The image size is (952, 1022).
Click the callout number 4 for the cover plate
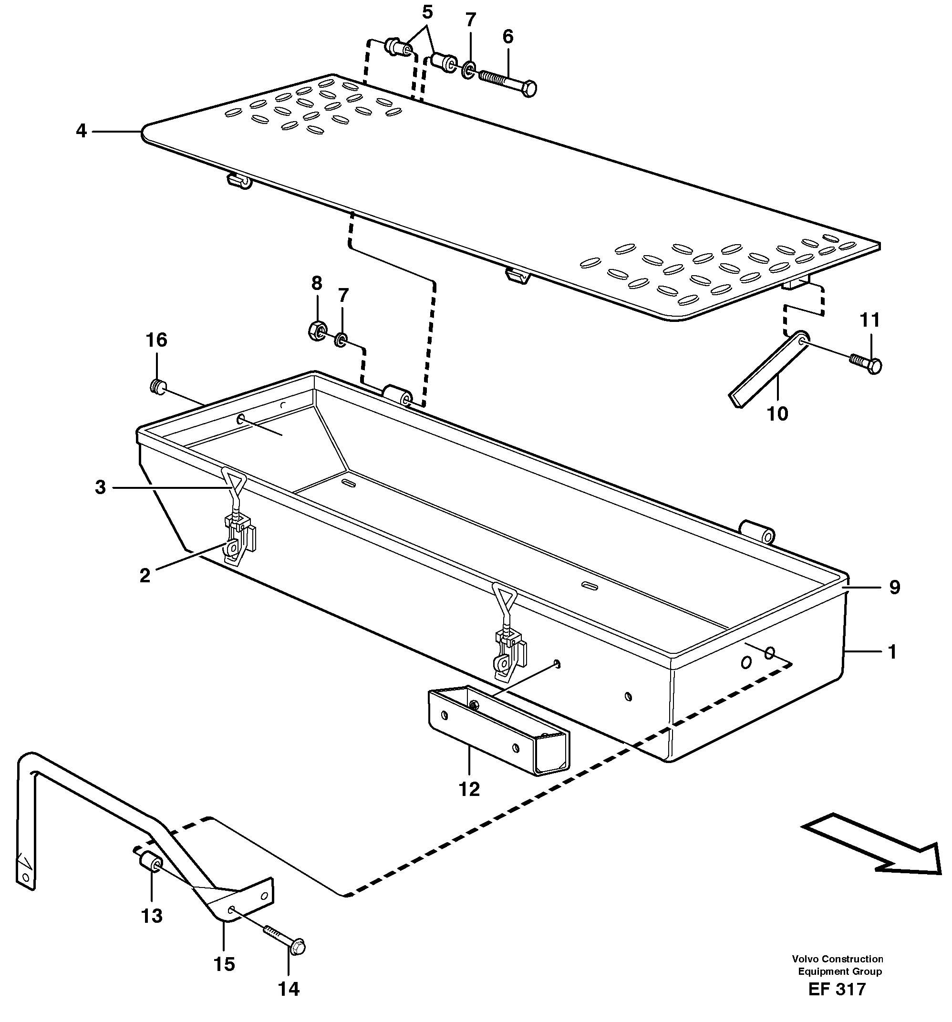tap(81, 131)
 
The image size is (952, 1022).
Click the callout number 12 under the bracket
tap(469, 789)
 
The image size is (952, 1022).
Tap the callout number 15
tap(224, 964)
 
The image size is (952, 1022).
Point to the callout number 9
tap(894, 587)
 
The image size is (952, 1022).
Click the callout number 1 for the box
tap(892, 652)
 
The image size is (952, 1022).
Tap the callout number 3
tap(100, 487)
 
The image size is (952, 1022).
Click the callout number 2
tap(145, 575)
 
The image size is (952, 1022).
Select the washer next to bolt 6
tap(468, 70)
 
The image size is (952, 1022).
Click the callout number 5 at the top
tap(427, 11)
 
